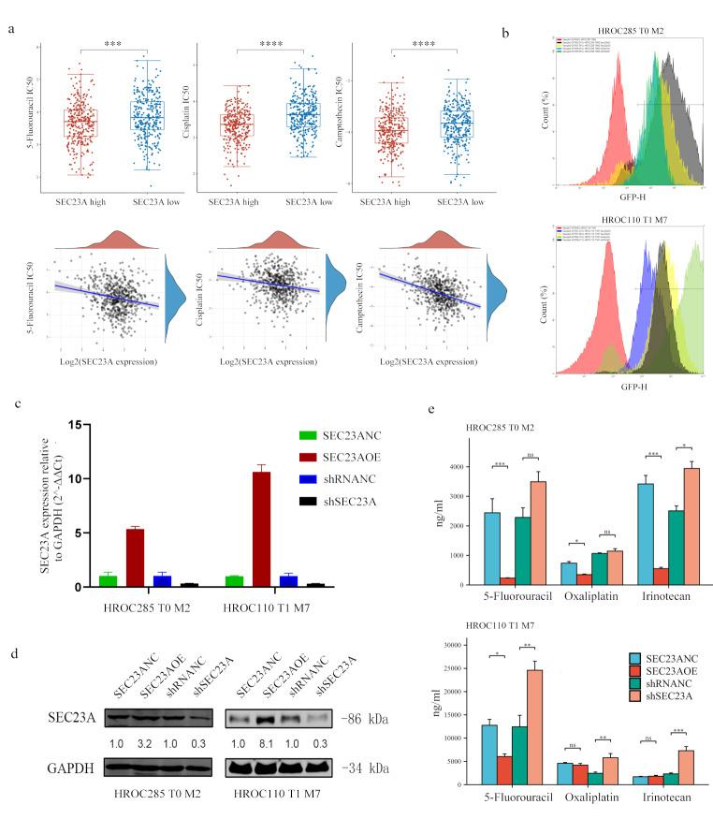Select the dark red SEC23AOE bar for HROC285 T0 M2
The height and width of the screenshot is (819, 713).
click(x=136, y=557)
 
